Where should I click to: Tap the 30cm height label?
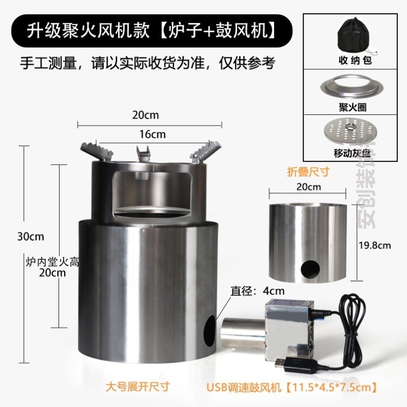pyautogui.click(x=30, y=237)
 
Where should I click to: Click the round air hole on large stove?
pyautogui.click(x=209, y=331)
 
